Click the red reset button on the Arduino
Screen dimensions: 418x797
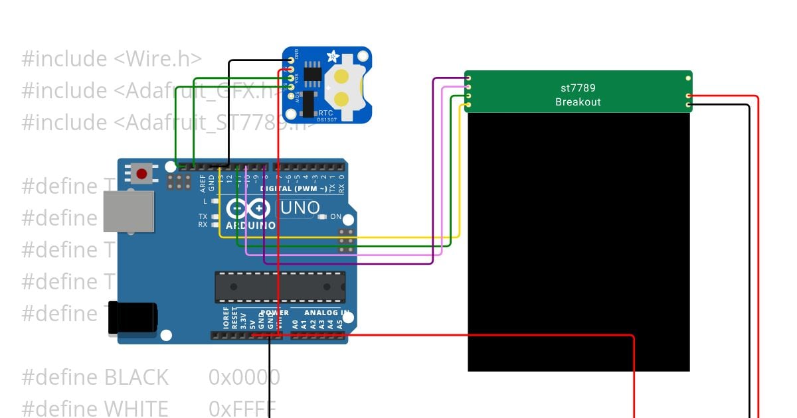pyautogui.click(x=141, y=174)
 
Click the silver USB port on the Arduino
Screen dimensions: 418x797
pyautogui.click(x=128, y=212)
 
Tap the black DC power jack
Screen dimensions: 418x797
pyautogui.click(x=133, y=316)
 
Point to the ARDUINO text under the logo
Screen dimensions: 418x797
pyautogui.click(x=250, y=226)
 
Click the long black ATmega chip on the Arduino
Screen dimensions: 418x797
pyautogui.click(x=280, y=287)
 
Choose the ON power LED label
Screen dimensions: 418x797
pyautogui.click(x=335, y=217)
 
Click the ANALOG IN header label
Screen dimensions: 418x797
pyautogui.click(x=326, y=313)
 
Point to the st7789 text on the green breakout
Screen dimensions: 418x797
pyautogui.click(x=577, y=88)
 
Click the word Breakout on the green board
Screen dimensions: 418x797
pyautogui.click(x=577, y=102)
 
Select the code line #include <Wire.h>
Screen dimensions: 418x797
pyautogui.click(x=112, y=59)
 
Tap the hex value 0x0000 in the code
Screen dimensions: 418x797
pyautogui.click(x=244, y=378)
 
